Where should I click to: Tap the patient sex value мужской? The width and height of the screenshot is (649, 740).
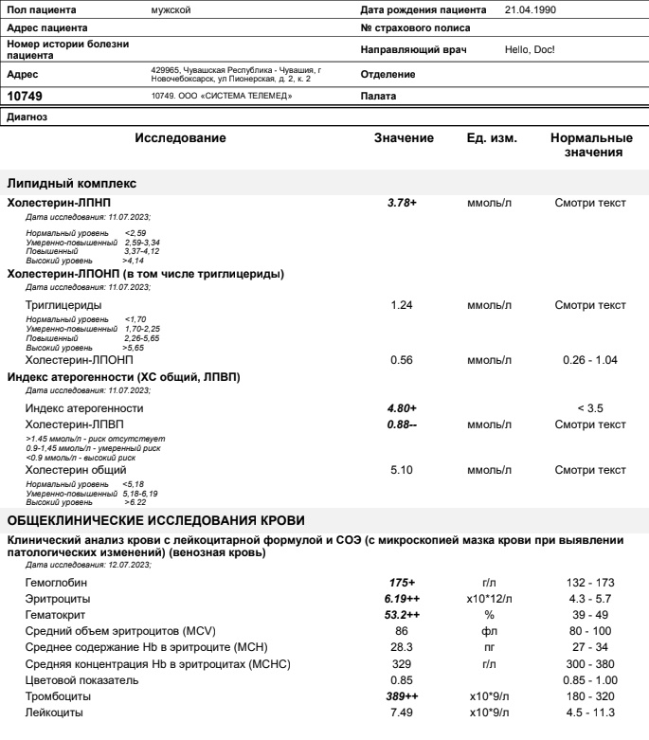(171, 10)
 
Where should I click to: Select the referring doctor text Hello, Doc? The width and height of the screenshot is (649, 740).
(530, 49)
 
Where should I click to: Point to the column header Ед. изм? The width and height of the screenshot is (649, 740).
(491, 139)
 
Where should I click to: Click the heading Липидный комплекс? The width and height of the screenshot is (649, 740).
(72, 183)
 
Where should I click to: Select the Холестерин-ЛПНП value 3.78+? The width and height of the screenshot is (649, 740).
(402, 203)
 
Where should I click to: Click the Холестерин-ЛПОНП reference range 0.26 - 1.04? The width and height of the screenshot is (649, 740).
(590, 360)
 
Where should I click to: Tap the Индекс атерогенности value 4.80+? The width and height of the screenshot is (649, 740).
(402, 407)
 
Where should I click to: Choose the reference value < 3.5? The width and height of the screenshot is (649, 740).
(590, 407)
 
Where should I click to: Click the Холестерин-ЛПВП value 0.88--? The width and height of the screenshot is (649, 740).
(403, 424)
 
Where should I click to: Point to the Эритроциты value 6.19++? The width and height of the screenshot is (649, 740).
(403, 600)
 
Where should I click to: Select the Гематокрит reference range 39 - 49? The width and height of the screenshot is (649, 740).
(590, 615)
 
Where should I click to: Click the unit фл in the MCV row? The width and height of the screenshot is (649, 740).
(490, 630)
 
